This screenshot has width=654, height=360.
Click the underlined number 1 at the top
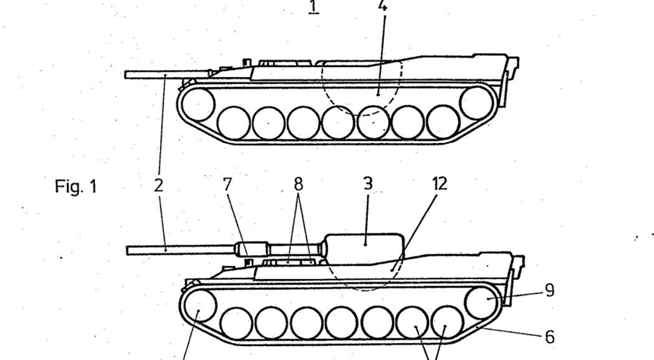[313, 7]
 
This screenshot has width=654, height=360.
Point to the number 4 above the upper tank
[382, 6]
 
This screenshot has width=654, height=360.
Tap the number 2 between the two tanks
[159, 185]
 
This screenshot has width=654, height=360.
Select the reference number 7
[227, 185]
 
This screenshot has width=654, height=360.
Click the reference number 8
[298, 185]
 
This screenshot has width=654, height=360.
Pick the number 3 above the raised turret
[368, 184]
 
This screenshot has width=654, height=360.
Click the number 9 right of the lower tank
[549, 291]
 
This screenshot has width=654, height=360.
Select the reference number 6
[549, 337]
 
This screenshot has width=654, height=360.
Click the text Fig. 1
[76, 187]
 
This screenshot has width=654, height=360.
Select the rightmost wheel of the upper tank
[475, 102]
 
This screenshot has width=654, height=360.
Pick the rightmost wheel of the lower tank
[480, 302]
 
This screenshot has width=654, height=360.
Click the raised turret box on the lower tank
[363, 246]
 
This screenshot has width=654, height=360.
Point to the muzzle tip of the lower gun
[129, 250]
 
